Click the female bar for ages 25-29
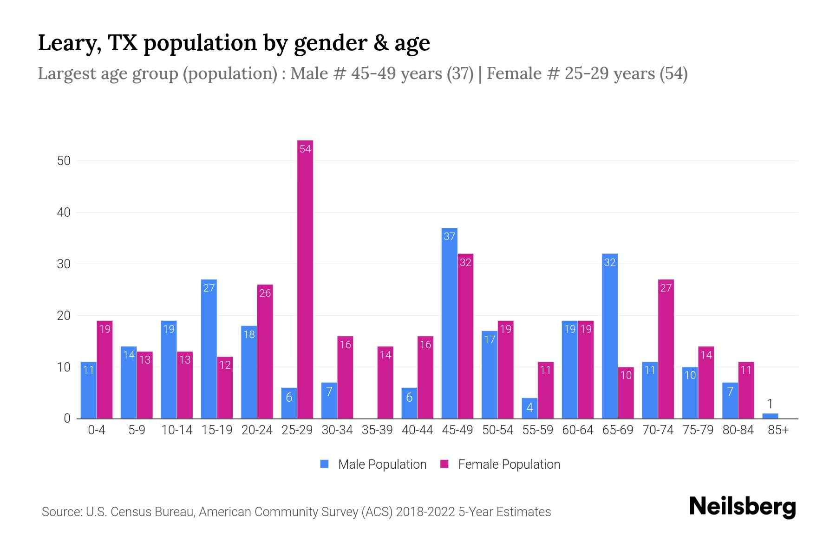(x=305, y=279)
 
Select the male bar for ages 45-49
(x=449, y=323)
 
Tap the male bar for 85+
(x=770, y=416)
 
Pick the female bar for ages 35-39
(x=385, y=382)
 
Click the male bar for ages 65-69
(x=609, y=336)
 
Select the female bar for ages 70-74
(x=666, y=349)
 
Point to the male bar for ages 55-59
(x=529, y=408)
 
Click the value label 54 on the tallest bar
(x=305, y=149)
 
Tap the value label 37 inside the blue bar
(x=449, y=237)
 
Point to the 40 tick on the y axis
(x=64, y=213)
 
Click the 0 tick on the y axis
(x=67, y=418)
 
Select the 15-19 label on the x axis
(x=217, y=430)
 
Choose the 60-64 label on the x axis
(x=577, y=430)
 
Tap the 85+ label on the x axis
(x=778, y=430)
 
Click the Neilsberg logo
(x=742, y=507)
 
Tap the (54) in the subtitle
(x=673, y=73)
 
